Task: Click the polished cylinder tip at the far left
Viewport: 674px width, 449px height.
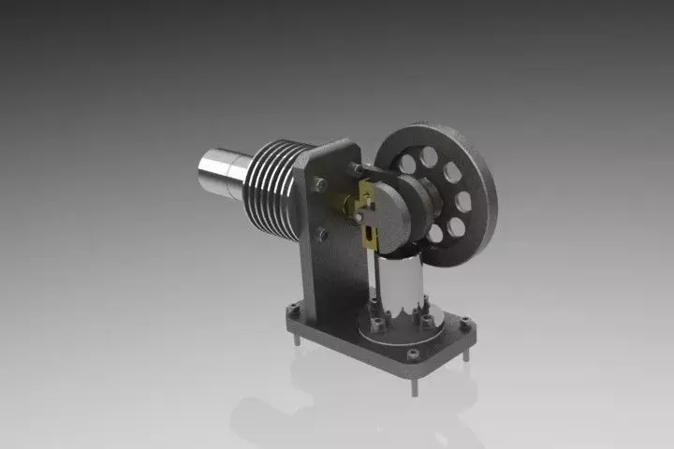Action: [x=217, y=174]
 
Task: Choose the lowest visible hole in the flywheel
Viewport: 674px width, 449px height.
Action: [x=434, y=233]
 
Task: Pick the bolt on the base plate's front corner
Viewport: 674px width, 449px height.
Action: [x=412, y=355]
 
